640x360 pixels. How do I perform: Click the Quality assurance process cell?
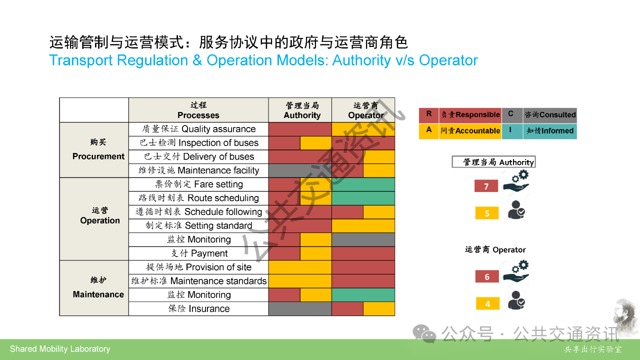click(198, 129)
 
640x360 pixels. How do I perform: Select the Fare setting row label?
click(198, 184)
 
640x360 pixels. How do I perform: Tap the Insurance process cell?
click(198, 309)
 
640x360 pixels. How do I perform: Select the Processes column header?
click(198, 110)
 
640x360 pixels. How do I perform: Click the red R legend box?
click(429, 115)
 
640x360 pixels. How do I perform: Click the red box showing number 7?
click(486, 186)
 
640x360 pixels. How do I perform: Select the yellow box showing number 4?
click(487, 303)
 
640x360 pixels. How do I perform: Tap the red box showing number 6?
click(487, 276)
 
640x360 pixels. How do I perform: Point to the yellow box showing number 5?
click(487, 213)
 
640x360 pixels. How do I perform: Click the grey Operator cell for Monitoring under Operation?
click(363, 239)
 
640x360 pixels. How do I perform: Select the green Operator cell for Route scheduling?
click(363, 198)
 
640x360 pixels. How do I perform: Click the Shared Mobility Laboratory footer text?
click(60, 349)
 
